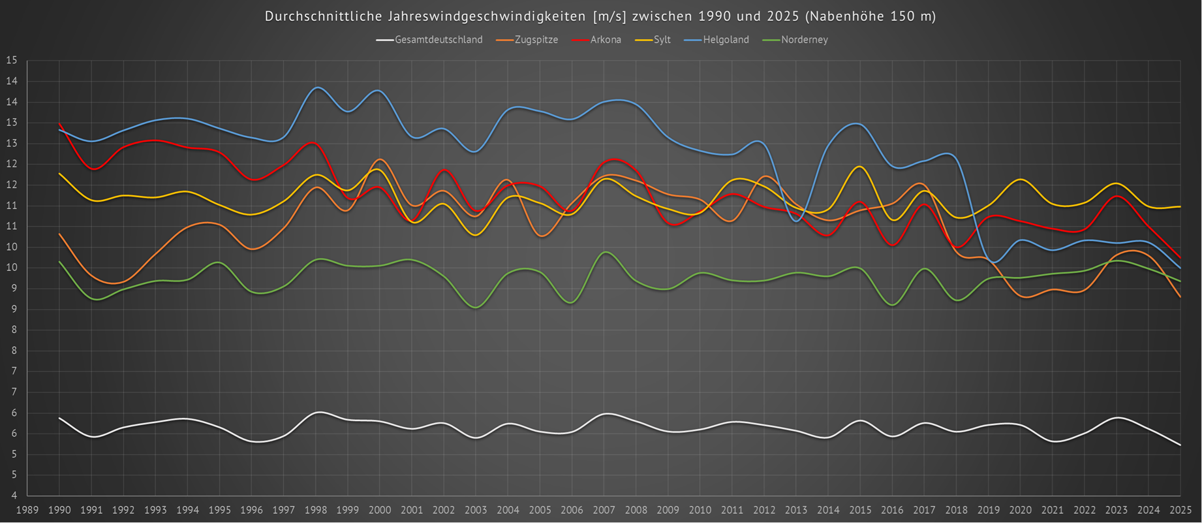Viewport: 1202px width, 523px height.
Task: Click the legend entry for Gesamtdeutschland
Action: (x=439, y=40)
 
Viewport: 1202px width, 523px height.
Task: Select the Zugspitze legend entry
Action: (x=536, y=40)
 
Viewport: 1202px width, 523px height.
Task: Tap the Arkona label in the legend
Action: (x=606, y=40)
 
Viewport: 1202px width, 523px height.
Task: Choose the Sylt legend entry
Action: (x=662, y=40)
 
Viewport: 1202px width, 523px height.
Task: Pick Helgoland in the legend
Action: (x=726, y=40)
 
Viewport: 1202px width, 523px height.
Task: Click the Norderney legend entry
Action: (x=804, y=40)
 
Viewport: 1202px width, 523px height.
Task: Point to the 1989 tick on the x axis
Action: (x=27, y=510)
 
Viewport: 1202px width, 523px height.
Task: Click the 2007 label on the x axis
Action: (x=604, y=510)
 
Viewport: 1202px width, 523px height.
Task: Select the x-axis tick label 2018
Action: (x=956, y=510)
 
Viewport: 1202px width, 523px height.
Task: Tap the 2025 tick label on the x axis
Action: (x=1180, y=510)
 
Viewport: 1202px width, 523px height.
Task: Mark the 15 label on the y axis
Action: (x=12, y=61)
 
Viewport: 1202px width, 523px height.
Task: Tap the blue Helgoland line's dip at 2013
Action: (x=796, y=221)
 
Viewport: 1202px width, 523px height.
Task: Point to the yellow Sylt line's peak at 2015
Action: (x=859, y=166)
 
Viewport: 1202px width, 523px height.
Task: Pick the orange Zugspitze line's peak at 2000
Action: (x=380, y=159)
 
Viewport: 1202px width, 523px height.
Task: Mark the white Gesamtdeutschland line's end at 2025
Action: (x=1180, y=445)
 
